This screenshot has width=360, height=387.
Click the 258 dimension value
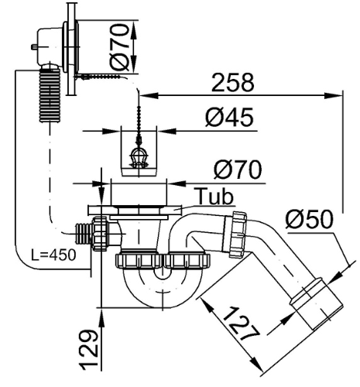coord(233,83)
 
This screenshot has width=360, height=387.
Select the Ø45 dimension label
coord(229,118)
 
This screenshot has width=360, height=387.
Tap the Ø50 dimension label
coord(309,219)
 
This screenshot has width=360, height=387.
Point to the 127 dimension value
coord(241,324)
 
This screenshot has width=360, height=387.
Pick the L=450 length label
coord(53,255)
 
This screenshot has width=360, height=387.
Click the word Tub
coord(214,197)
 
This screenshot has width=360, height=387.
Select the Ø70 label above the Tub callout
coord(238,170)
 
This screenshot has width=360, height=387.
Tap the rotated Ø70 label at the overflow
coord(119,47)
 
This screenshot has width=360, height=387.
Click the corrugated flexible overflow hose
coord(50,94)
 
